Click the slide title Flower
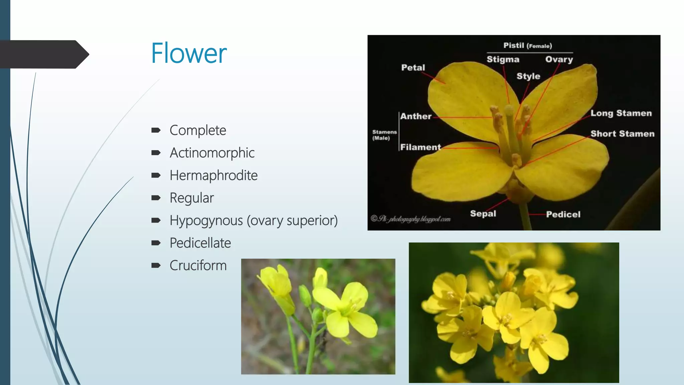(189, 53)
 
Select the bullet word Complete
(198, 130)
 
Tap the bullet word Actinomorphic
(212, 153)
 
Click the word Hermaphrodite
(213, 175)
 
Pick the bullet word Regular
(192, 198)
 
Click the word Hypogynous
(206, 221)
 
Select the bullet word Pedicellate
(200, 243)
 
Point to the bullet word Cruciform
(198, 265)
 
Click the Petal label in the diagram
(413, 68)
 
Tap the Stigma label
(503, 59)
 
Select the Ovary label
(559, 59)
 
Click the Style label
(528, 76)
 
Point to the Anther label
(416, 116)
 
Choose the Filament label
(420, 147)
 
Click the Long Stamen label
(621, 113)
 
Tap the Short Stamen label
(622, 134)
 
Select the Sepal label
(483, 214)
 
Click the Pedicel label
(563, 214)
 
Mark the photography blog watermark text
(411, 219)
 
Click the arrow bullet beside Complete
(156, 130)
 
